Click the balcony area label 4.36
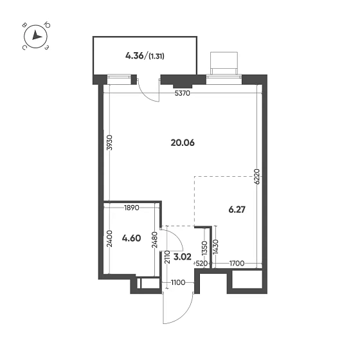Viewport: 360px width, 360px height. click(135, 56)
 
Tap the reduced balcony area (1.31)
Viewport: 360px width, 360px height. click(156, 57)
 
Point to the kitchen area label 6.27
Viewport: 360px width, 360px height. click(237, 209)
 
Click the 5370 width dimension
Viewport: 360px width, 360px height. click(183, 93)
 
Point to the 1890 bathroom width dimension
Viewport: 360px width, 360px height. click(131, 208)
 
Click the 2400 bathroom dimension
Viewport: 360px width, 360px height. click(111, 239)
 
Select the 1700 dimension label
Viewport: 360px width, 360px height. click(237, 264)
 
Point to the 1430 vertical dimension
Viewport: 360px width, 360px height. click(221, 247)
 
